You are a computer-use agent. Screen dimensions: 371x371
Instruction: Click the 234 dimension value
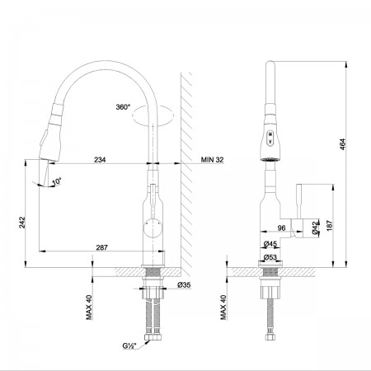[100, 159]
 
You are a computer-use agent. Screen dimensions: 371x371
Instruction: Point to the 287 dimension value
[101, 247]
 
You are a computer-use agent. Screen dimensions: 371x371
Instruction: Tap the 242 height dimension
[22, 223]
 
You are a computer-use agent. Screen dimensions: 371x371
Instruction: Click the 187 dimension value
[330, 225]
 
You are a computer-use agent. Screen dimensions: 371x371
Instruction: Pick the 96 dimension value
[282, 228]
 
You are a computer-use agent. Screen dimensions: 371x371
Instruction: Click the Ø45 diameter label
[270, 243]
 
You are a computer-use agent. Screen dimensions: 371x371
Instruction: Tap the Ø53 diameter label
[270, 257]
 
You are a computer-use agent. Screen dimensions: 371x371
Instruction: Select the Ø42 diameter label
[316, 228]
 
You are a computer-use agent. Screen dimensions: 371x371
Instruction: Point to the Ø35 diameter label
[184, 285]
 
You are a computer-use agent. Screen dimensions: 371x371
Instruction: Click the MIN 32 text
[212, 159]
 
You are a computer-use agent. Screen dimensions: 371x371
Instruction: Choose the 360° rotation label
[123, 107]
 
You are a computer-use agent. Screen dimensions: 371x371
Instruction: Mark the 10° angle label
[57, 181]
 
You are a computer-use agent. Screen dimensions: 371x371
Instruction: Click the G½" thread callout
[129, 346]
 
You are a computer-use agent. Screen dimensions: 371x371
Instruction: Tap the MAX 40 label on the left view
[89, 308]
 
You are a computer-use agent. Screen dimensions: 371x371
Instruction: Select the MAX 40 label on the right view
[223, 308]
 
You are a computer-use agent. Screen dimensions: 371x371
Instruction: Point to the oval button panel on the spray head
[270, 138]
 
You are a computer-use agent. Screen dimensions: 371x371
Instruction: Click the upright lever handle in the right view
[299, 202]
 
